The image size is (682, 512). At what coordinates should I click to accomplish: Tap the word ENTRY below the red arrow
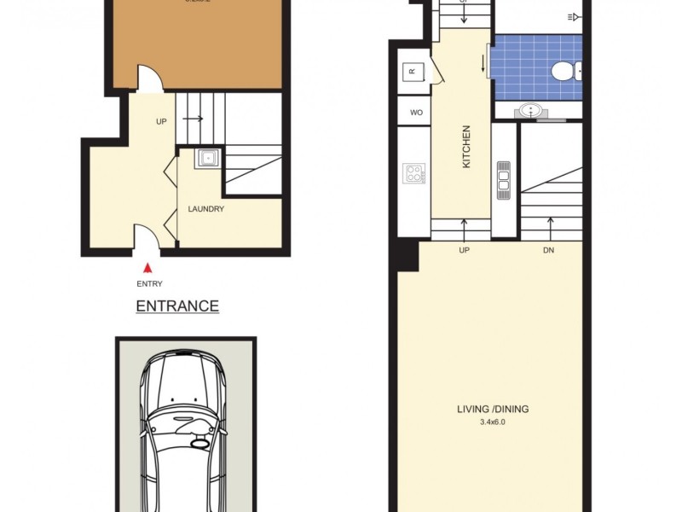149,284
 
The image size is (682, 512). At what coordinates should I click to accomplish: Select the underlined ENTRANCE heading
177,306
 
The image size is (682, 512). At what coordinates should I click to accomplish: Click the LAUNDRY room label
205,209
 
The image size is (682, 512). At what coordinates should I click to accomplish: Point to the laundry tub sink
207,157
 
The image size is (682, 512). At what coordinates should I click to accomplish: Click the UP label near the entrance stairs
161,121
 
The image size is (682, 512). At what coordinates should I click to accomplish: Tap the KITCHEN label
466,146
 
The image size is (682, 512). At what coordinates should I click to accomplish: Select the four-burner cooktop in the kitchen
413,173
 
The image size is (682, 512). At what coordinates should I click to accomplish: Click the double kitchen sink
503,180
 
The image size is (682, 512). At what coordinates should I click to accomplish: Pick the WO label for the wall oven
416,112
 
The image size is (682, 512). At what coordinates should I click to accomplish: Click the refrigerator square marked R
412,73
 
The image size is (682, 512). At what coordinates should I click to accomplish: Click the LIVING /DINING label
493,409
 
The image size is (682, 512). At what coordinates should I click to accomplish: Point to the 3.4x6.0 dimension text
493,421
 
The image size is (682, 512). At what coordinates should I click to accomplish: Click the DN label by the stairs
549,251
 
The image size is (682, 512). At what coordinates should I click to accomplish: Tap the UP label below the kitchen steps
465,251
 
